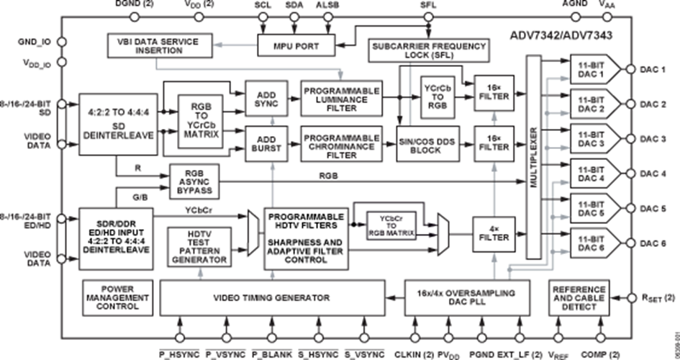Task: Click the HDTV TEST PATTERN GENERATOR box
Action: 200,247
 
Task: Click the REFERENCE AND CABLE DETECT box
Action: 579,297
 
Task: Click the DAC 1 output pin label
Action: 653,71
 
